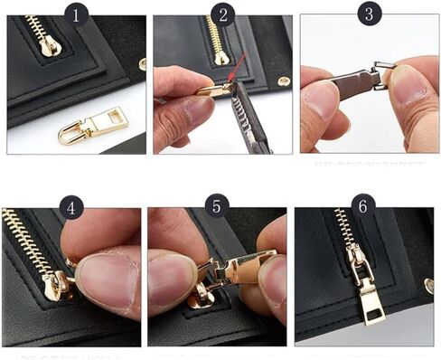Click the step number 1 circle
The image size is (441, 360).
pyautogui.click(x=76, y=14)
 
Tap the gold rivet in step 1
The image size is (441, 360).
pyautogui.click(x=142, y=64)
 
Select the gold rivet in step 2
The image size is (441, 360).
pyautogui.click(x=284, y=81)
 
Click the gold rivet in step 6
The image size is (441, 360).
pyautogui.click(x=428, y=286)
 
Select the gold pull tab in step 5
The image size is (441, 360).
pyautogui.click(x=243, y=269)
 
